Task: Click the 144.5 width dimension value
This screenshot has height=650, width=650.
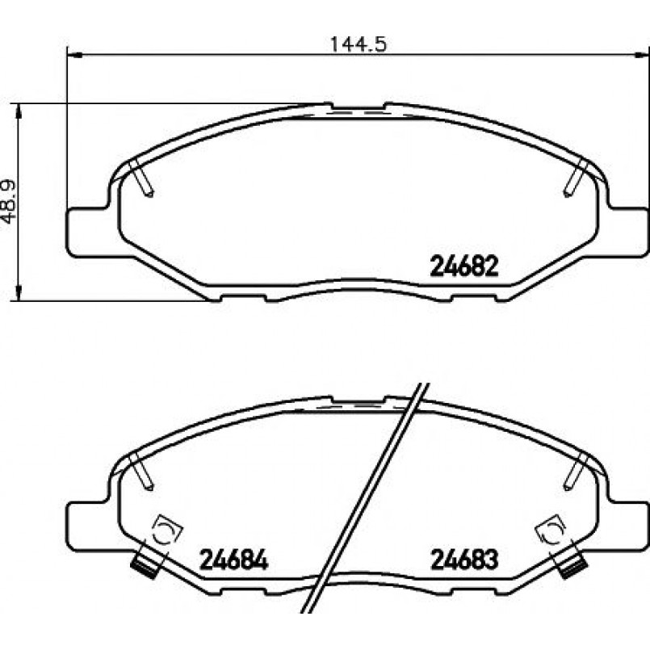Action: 359,44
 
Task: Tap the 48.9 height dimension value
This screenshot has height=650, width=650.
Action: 9,202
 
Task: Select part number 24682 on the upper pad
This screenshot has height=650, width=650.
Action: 463,266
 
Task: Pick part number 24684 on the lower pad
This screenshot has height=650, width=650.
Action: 234,560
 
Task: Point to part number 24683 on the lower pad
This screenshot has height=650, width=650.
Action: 464,560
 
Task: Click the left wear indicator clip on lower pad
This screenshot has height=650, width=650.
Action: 145,564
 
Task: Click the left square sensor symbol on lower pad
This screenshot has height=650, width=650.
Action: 168,530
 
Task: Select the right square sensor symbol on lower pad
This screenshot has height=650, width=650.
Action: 551,530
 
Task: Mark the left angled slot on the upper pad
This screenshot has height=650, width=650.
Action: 141,178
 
